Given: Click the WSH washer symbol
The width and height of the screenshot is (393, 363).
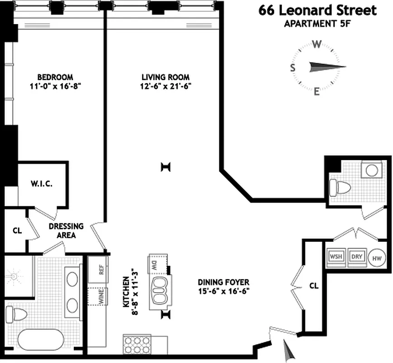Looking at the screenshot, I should click(336, 256).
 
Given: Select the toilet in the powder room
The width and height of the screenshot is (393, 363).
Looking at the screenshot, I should click(339, 186).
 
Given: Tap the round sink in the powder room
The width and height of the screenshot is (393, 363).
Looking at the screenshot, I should click(372, 171).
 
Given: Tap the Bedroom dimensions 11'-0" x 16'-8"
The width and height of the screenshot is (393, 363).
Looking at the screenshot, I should click(55, 85).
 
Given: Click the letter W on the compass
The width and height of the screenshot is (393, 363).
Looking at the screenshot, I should click(317, 44).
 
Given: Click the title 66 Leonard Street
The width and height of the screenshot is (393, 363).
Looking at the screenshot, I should click(317, 10).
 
